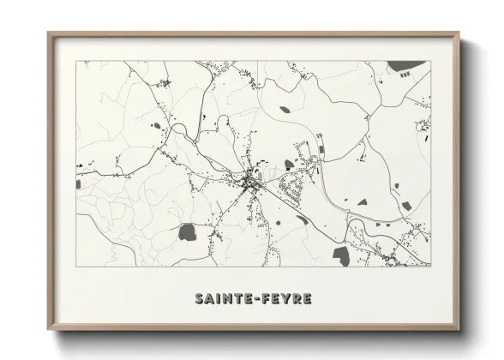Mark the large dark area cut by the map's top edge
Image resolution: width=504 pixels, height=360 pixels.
pos(405,66)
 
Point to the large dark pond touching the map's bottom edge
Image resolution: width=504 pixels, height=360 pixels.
pos(341,255)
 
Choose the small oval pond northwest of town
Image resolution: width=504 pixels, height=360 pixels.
pos(158,125)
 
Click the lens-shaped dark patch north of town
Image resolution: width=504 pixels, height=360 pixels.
pos(285,110)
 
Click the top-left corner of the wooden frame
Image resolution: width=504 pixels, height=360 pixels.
pos(49,33)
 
